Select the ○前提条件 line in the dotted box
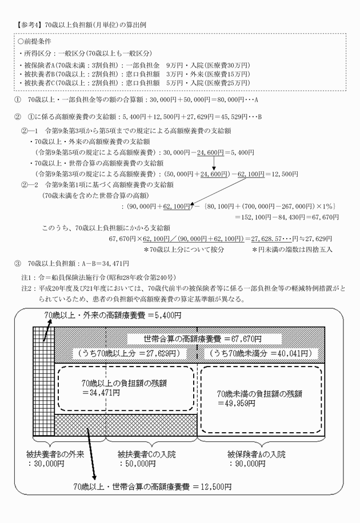(35, 42)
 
